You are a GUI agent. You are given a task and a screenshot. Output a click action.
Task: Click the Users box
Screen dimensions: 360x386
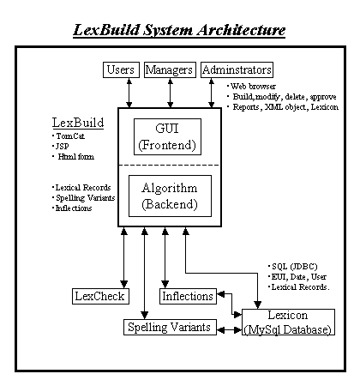(x=121, y=69)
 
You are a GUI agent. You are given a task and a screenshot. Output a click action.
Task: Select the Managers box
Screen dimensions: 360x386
(x=170, y=69)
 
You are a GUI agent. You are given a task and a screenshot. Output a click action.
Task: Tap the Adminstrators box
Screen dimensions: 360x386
(x=237, y=69)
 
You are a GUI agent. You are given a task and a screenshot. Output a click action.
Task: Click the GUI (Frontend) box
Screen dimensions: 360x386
(x=167, y=137)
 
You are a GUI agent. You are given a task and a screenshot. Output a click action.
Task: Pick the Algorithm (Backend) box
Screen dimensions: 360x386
(x=170, y=196)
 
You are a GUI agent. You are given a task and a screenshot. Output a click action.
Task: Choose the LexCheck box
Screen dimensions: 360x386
(x=100, y=296)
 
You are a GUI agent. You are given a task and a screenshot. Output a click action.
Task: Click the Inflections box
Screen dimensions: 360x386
(x=188, y=296)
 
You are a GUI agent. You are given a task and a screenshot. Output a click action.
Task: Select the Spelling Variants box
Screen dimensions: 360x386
(x=170, y=327)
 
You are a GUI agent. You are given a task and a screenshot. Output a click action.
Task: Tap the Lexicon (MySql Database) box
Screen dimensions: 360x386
(x=288, y=322)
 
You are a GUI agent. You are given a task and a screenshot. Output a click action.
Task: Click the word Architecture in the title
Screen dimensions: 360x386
(x=241, y=30)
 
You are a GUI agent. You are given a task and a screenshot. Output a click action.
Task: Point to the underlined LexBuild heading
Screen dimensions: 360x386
(x=78, y=123)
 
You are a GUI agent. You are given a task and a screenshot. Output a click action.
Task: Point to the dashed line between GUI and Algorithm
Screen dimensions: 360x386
(x=169, y=165)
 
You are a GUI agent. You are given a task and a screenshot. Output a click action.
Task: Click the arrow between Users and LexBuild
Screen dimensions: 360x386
(x=129, y=93)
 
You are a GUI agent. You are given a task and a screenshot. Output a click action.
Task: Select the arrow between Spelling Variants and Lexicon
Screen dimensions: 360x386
(x=230, y=330)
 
